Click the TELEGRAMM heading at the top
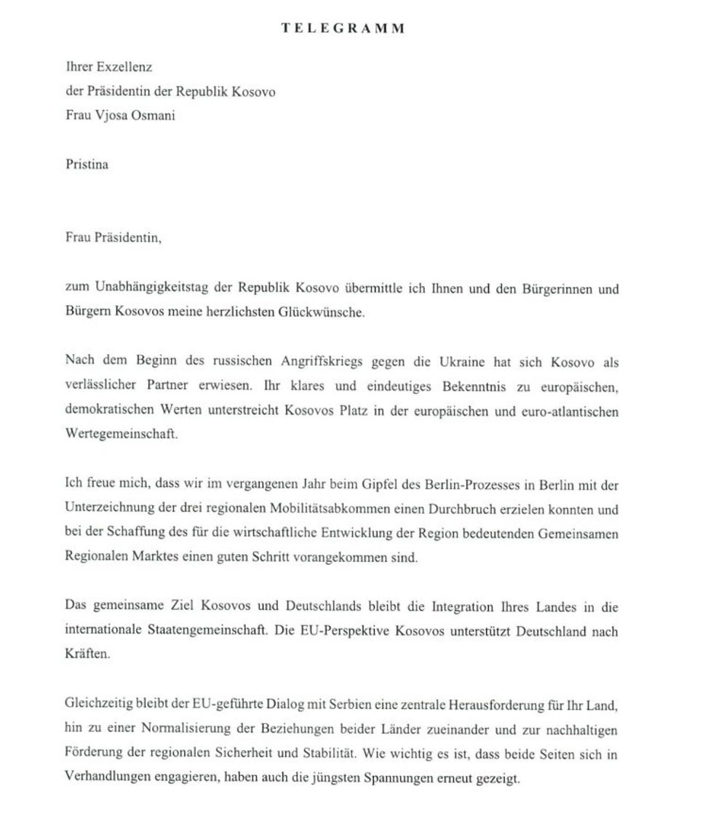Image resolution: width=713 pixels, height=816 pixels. point(343,28)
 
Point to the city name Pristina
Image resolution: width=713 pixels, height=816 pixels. point(87,164)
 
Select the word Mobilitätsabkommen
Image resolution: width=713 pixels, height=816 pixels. point(339,510)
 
